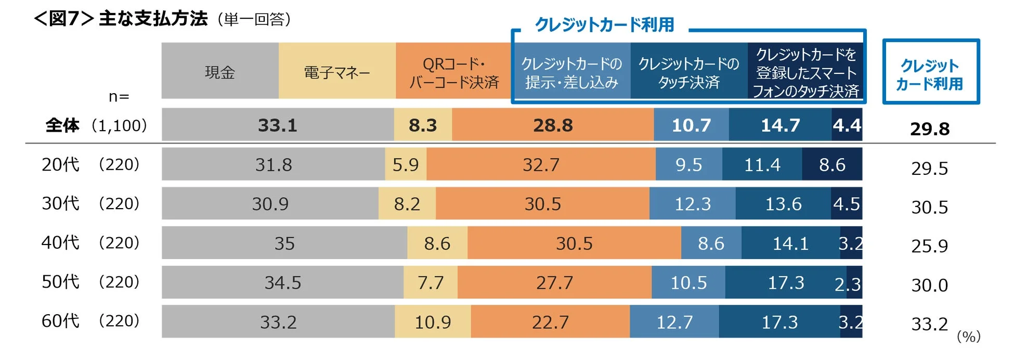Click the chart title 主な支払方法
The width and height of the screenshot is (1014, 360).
coord(153,19)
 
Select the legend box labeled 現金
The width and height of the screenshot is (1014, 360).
coord(220,71)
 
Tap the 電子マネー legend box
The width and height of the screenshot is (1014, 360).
coord(337,71)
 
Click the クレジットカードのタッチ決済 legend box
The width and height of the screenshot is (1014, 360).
coord(688,72)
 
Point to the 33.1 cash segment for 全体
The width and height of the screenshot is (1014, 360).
coord(277,125)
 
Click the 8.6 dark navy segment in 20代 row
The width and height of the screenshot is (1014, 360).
coord(832,164)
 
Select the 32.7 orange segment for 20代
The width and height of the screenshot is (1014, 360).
coord(541,164)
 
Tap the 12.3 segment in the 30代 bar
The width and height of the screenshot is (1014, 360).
coord(692,203)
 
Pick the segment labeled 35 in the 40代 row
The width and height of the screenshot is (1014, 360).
coord(284,243)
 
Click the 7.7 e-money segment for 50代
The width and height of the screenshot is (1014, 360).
coord(431,282)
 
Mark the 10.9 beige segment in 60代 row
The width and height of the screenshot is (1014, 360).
coord(433,322)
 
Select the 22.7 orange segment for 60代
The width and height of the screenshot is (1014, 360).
coord(550,322)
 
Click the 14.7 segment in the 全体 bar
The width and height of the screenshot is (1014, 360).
coord(780,125)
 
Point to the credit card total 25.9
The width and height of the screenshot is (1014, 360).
coord(929,246)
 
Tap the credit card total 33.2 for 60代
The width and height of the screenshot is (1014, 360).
coord(929,324)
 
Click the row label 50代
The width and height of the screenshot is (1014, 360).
coord(60,281)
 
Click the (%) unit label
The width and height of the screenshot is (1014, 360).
coord(968,337)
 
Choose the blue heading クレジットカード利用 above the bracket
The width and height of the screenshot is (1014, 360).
coord(604,24)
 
